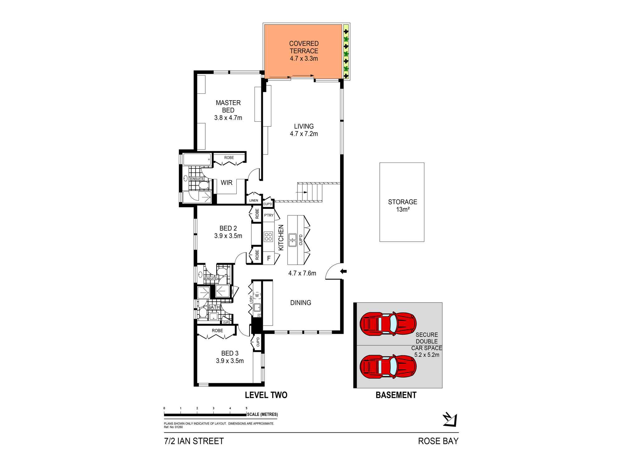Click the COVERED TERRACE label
[x=304, y=47]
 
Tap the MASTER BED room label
[x=228, y=106]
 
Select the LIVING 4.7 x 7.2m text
[x=304, y=130]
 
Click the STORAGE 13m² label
[x=402, y=205]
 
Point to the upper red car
[x=388, y=324]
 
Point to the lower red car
[x=388, y=367]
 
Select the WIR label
[x=226, y=183]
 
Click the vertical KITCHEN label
[x=281, y=238]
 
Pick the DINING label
[x=301, y=303]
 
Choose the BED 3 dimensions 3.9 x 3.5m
[x=230, y=361]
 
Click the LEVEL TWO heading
[x=266, y=395]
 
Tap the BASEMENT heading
[x=396, y=395]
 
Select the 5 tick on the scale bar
[x=246, y=408]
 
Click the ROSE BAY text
[x=438, y=441]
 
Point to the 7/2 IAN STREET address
[x=194, y=441]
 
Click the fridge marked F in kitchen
[x=269, y=258]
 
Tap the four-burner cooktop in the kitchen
[x=268, y=237]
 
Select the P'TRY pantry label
[x=269, y=215]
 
